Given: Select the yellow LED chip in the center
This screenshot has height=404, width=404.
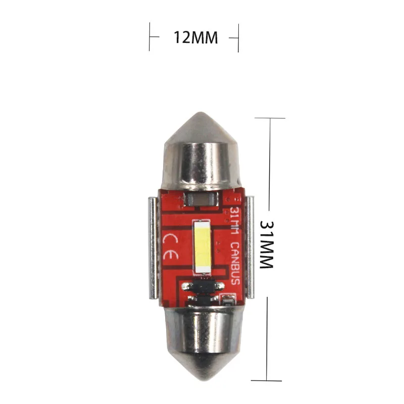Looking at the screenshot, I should pyautogui.click(x=201, y=244).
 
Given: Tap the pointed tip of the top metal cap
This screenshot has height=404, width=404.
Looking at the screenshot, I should pyautogui.click(x=201, y=114).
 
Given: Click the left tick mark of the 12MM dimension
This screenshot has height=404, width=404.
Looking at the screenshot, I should pyautogui.click(x=149, y=37).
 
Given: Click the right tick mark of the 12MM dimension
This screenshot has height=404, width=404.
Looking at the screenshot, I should pyautogui.click(x=237, y=37).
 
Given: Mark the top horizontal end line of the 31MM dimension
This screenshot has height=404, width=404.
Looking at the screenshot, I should pyautogui.click(x=270, y=118).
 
